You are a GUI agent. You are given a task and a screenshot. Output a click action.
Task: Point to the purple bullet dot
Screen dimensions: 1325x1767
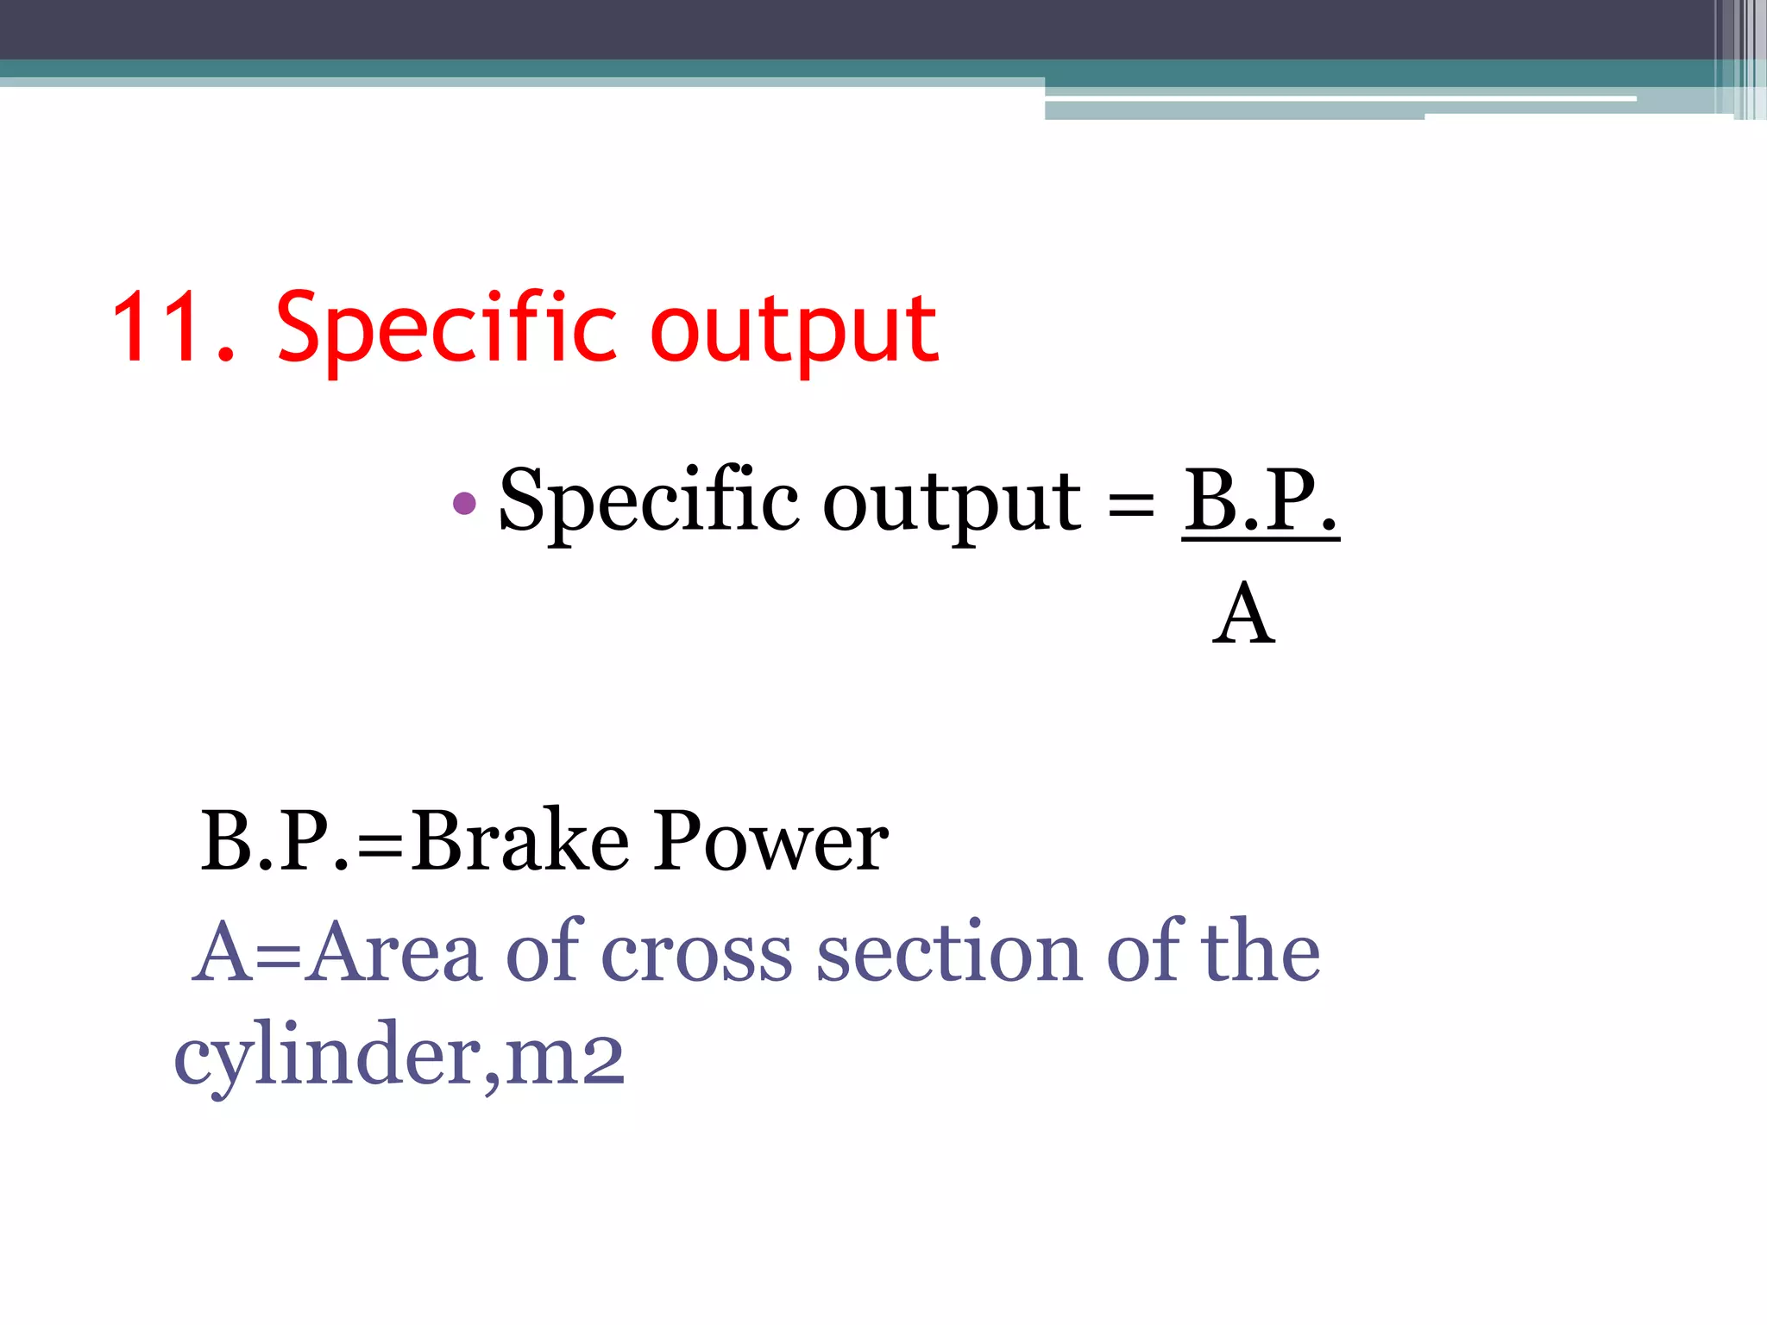tap(464, 503)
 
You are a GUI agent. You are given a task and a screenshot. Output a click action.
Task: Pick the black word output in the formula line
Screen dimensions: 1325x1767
tap(951, 504)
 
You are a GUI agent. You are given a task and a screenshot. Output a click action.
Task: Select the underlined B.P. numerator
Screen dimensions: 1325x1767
tap(1260, 500)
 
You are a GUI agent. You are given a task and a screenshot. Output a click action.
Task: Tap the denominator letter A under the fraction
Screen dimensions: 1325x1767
tap(1243, 614)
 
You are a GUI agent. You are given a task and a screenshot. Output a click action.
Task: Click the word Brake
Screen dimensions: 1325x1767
tap(519, 840)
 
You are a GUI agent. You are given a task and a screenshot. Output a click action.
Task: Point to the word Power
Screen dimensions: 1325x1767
tap(770, 840)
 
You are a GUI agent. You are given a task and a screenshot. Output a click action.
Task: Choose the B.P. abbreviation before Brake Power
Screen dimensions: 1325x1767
tap(274, 840)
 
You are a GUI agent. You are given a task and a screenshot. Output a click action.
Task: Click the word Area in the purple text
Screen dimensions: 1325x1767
tap(394, 952)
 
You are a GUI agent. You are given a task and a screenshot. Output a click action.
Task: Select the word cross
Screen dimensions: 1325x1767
tap(696, 954)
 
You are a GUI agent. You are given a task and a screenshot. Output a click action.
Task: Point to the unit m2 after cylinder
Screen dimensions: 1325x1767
tap(564, 1058)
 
